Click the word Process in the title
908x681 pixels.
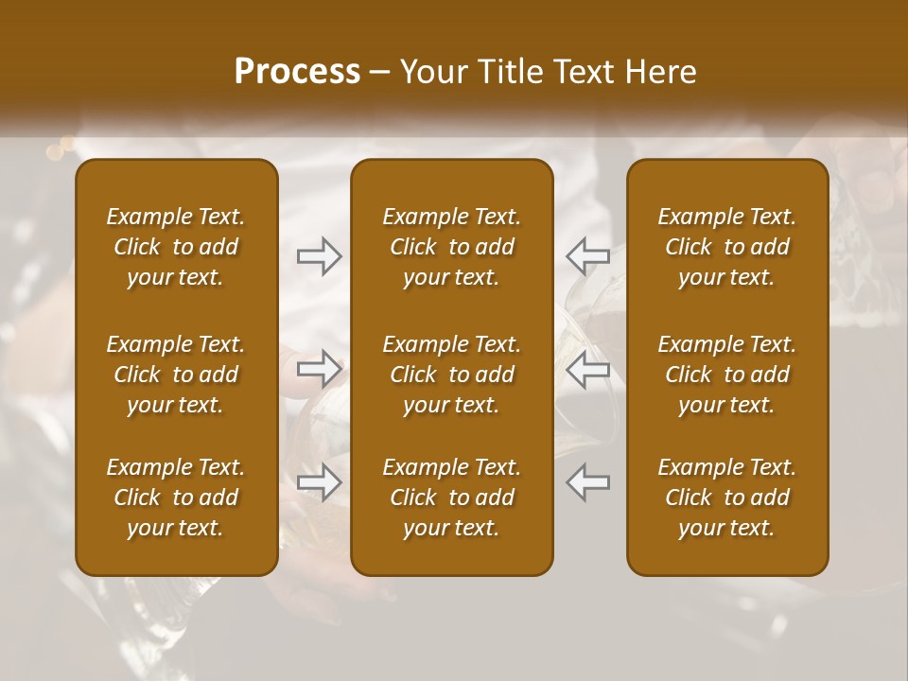coord(297,72)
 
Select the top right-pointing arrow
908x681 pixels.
coord(320,255)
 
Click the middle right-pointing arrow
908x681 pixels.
coord(320,369)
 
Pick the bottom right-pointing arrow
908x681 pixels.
coord(320,482)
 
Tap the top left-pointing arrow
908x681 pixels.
coord(588,255)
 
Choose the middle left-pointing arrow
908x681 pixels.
coord(588,369)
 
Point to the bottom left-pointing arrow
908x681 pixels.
coord(588,482)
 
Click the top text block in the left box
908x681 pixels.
coord(176,247)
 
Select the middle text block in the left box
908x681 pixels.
coord(176,375)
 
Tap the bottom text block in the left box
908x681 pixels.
coord(176,498)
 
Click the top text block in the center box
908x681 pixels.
coord(452,247)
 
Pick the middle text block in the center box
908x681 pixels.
coord(452,375)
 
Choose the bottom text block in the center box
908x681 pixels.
coord(452,498)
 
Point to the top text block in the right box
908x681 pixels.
coord(727,247)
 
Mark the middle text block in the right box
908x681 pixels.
coord(727,375)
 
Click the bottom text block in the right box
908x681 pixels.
coord(727,498)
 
